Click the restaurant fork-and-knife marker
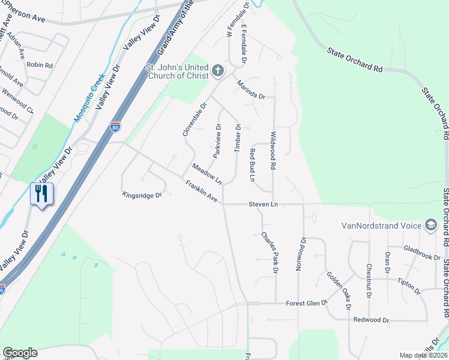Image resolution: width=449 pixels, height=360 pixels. [x=41, y=193]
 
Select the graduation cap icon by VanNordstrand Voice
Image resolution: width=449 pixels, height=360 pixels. [x=430, y=225]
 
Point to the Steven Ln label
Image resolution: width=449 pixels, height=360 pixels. [x=263, y=205]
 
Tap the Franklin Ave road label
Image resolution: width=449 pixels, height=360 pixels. [x=201, y=193]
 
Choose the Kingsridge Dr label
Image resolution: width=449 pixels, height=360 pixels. [x=142, y=195]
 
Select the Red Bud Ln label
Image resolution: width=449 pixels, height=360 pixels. [x=253, y=165]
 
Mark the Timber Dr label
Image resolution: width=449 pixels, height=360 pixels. [x=238, y=139]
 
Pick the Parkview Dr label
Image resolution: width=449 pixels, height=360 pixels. [x=217, y=140]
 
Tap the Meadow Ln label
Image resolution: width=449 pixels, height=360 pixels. [x=207, y=173]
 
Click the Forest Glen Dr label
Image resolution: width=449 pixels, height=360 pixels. [x=306, y=303]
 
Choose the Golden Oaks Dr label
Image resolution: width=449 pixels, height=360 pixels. [x=339, y=291]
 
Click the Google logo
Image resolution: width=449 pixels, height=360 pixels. [x=20, y=353]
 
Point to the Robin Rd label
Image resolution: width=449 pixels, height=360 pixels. [x=40, y=65]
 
